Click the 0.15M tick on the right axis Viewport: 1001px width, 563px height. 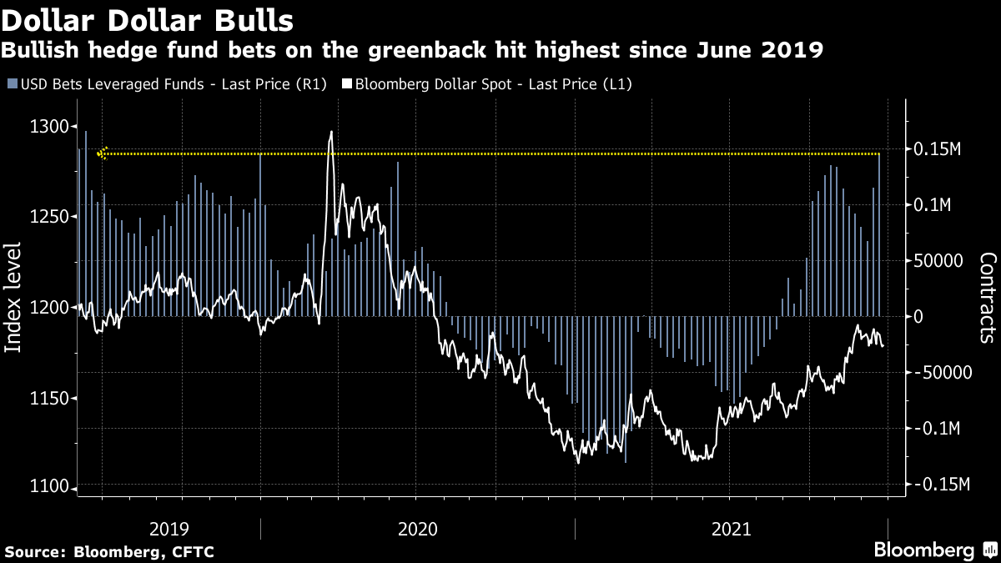click(x=940, y=149)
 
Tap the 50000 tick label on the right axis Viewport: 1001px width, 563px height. click(x=940, y=261)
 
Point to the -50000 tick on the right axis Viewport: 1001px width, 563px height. click(x=940, y=373)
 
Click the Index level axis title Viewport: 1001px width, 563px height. click(x=14, y=309)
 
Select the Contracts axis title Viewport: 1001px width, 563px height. click(x=987, y=298)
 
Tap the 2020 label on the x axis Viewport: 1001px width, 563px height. click(x=418, y=529)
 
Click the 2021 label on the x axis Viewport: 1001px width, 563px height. click(x=731, y=529)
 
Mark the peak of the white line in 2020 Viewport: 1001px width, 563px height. click(x=331, y=132)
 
